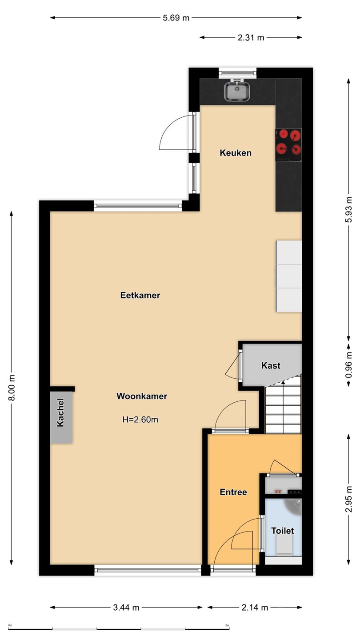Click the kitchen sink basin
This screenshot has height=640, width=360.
[237, 91]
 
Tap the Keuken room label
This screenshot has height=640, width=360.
[236, 153]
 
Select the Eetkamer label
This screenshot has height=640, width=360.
[140, 295]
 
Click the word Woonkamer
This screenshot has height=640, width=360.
[142, 396]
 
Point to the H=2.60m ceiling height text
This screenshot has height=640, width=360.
[140, 420]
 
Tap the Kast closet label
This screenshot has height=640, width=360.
[271, 365]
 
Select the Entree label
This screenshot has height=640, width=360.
[233, 492]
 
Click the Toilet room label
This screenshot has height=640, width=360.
[283, 531]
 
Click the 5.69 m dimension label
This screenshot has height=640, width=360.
[176, 18]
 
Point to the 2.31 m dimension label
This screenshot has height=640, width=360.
[251, 37]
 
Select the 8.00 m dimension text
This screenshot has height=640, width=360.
[12, 388]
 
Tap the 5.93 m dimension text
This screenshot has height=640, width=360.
[348, 209]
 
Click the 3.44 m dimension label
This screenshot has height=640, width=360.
[126, 608]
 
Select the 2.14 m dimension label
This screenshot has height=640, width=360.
[255, 608]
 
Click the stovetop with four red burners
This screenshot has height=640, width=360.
[288, 144]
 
